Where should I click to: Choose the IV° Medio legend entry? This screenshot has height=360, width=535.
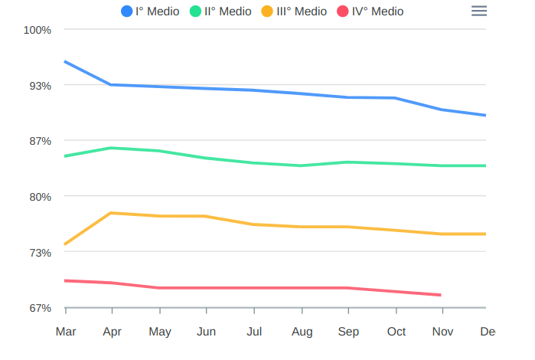[370, 11]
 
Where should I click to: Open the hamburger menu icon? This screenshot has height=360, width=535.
[479, 11]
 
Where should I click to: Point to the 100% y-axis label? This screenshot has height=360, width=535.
[38, 30]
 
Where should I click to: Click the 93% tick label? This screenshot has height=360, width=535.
[41, 86]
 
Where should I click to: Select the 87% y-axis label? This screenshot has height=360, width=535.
[41, 142]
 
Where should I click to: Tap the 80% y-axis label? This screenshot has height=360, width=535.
[41, 197]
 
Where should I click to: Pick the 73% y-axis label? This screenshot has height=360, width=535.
[41, 253]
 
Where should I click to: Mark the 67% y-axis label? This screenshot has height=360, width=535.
[41, 308]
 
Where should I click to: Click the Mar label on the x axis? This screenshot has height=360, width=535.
[66, 332]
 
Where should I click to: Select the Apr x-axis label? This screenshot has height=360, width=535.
[113, 332]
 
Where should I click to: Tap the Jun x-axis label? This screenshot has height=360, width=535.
[207, 332]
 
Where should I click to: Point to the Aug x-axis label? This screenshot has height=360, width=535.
[302, 332]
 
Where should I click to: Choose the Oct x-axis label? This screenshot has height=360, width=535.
[396, 332]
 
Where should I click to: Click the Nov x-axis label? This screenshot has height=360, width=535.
[443, 332]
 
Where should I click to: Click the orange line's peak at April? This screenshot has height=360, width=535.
[113, 213]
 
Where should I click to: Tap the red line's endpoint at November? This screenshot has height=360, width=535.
[442, 295]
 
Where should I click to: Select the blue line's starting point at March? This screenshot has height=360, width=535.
[66, 61]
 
